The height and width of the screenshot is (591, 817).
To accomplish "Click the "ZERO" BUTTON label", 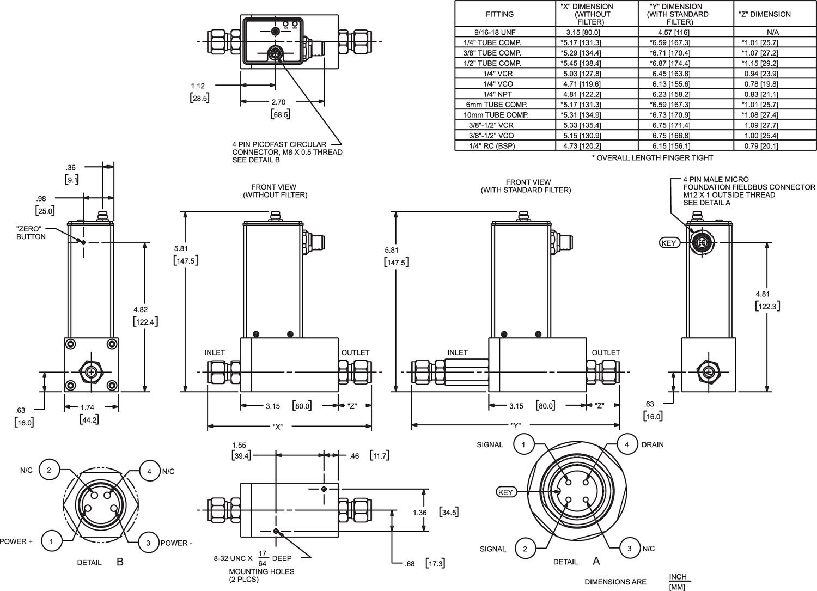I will pos(31,233).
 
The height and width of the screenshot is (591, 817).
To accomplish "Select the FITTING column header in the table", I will pos(499,14).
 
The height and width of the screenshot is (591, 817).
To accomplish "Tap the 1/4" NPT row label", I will pos(505,94).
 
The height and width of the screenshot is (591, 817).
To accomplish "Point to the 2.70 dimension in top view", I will pos(278,102).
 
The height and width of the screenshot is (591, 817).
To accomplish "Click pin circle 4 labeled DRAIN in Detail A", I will pos(627,444).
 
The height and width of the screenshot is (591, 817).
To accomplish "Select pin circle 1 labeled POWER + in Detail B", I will pos(51,541).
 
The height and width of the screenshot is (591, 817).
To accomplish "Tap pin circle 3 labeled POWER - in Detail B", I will pos(148,543).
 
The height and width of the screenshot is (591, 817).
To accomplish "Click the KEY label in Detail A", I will pos(505,492).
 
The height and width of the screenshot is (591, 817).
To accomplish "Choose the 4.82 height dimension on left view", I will pos(140,310).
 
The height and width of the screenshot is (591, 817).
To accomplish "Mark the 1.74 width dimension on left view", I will pos(87,407).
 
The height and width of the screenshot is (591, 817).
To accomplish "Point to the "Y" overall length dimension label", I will pos(516,427).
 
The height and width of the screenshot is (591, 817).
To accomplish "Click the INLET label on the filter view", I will pos(457,352).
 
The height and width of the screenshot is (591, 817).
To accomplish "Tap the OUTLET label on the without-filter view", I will pos(355,352).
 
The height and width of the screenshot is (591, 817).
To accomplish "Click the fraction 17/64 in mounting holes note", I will pos(262,558).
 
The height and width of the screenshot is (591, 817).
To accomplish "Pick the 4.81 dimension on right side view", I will pos(763,294).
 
